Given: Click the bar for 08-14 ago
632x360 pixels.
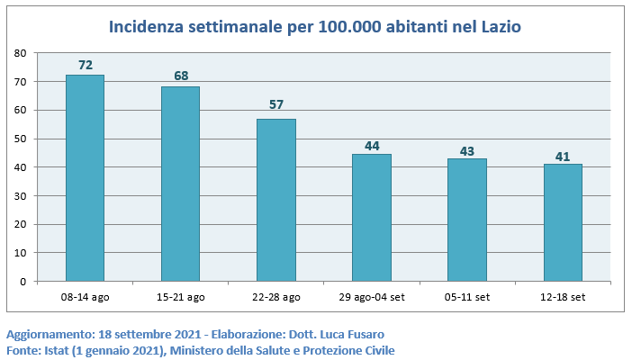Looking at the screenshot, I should pyautogui.click(x=85, y=177).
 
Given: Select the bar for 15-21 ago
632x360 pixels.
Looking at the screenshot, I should pyautogui.click(x=180, y=184).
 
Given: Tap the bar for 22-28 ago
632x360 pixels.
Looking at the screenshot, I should pyautogui.click(x=275, y=200).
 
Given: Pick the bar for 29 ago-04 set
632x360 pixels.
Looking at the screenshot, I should pyautogui.click(x=371, y=218).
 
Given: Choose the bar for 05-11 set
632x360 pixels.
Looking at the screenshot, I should pyautogui.click(x=466, y=220).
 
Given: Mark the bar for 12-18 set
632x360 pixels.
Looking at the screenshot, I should pyautogui.click(x=563, y=222).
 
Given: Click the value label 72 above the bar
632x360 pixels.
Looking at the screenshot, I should pyautogui.click(x=86, y=65).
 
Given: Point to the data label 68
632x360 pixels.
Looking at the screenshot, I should pyautogui.click(x=181, y=76).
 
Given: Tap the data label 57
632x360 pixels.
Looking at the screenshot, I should pyautogui.click(x=276, y=104).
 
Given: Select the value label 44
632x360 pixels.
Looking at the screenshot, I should pyautogui.click(x=372, y=144).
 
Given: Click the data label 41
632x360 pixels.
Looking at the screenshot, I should pyautogui.click(x=563, y=157).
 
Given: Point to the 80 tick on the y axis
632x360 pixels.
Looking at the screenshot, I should pyautogui.click(x=20, y=53).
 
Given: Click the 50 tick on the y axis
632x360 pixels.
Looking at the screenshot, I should pyautogui.click(x=20, y=139).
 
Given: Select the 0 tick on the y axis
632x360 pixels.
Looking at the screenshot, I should pyautogui.click(x=23, y=282).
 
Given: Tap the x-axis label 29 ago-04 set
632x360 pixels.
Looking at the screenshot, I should pyautogui.click(x=371, y=296).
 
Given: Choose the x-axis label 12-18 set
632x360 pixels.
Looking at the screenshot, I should pyautogui.click(x=563, y=296).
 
